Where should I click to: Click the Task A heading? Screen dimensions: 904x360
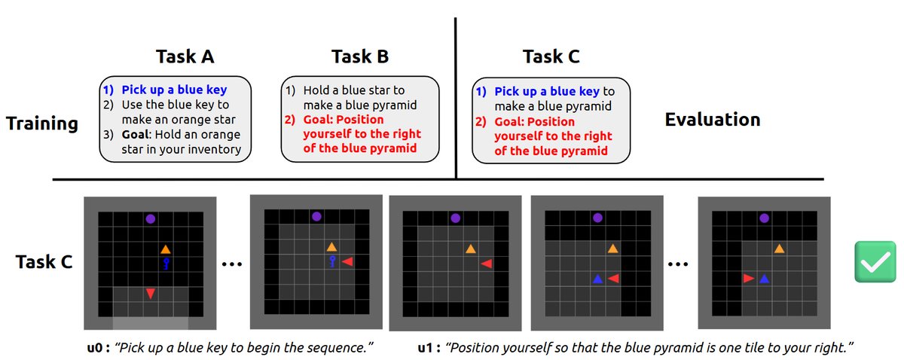click(185, 56)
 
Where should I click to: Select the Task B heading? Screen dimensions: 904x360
click(360, 56)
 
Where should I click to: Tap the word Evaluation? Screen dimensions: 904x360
click(713, 120)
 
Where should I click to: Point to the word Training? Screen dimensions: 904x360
click(42, 124)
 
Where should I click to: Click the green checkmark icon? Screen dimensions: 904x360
click(875, 261)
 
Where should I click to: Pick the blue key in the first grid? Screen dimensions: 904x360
click(166, 264)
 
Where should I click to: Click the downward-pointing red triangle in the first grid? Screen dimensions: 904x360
click(151, 294)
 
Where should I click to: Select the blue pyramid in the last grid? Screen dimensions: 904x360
click(764, 279)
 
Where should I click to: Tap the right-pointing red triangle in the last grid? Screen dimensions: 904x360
click(749, 278)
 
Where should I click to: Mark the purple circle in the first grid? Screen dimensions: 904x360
click(151, 219)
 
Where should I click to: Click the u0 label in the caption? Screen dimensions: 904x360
click(99, 347)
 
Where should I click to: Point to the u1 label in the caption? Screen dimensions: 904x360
click(429, 347)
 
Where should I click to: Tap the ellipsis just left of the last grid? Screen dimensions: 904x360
click(678, 265)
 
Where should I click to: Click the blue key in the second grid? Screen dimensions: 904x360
click(332, 261)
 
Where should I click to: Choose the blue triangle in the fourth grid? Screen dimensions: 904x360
click(597, 279)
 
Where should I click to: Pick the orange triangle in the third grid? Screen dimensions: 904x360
click(471, 249)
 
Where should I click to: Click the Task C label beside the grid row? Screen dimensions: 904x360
click(44, 262)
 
